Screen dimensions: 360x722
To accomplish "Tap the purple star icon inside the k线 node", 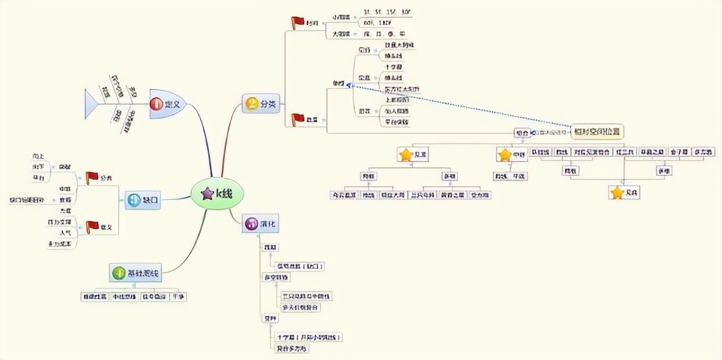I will [207, 194].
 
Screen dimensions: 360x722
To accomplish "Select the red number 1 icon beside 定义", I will [156, 104].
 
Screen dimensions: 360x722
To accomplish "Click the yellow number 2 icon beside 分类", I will [252, 104].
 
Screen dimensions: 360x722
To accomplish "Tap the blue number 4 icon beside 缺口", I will [134, 200].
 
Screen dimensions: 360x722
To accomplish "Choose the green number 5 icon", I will [118, 274].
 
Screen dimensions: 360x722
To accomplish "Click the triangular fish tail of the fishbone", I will [91, 104].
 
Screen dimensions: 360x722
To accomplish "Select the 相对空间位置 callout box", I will [597, 131].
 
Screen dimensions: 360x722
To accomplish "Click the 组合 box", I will [521, 133].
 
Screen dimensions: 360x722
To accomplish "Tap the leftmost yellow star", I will [406, 155].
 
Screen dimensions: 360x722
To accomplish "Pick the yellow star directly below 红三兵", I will [617, 193].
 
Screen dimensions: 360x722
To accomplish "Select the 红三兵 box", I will [625, 152].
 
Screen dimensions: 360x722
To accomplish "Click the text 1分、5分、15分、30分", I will [387, 11].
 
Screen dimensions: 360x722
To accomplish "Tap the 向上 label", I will [39, 156].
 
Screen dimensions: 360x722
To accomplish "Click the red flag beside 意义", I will [92, 227].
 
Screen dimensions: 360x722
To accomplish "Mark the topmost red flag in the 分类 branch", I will [298, 23].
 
